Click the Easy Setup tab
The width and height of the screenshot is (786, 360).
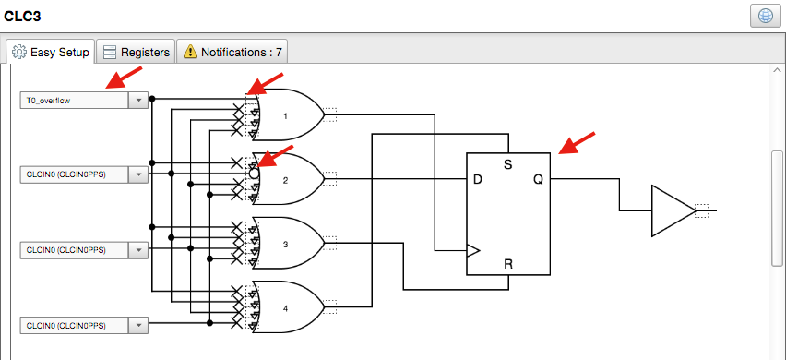coord(51,53)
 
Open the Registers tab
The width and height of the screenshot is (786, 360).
coord(137,53)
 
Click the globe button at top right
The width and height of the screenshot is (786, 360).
coord(766,18)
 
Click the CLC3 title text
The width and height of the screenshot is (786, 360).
coord(23,16)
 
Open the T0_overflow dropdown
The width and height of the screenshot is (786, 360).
coord(137,100)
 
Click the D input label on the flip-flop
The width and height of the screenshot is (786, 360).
coord(478,179)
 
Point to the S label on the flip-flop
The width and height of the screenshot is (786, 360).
coord(507,164)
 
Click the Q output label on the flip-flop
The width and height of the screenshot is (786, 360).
coord(538,179)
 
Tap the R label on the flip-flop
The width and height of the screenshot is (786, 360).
coord(507,264)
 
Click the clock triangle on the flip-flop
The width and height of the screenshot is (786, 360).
coord(474,249)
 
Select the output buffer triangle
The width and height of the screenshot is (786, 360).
coord(670,210)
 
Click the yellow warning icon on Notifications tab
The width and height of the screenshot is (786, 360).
coord(188,53)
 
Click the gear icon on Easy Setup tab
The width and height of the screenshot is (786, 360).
coord(18,53)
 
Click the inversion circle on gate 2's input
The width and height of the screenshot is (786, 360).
coord(255,173)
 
